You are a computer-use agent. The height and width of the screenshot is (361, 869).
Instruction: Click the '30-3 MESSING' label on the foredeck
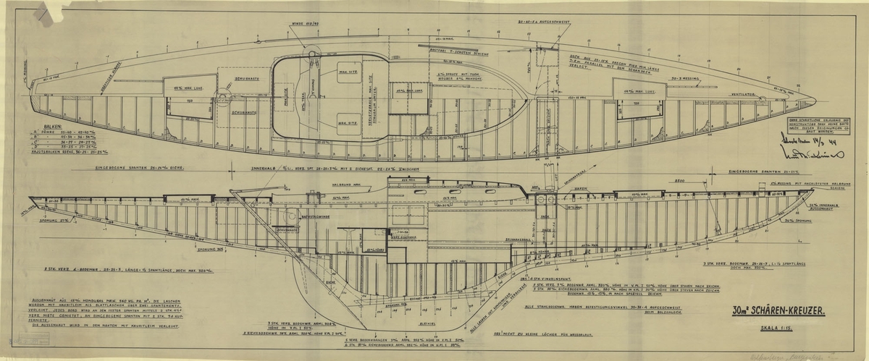click(685, 74)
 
